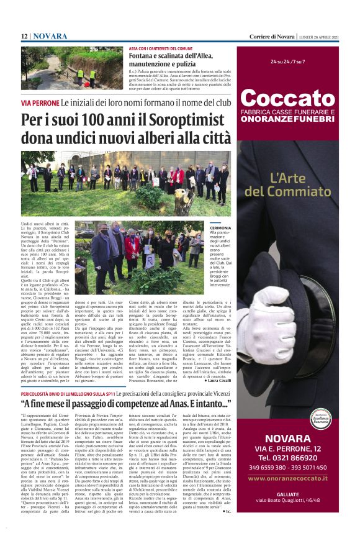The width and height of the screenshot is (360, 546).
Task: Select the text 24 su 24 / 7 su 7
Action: (x=287, y=62)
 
